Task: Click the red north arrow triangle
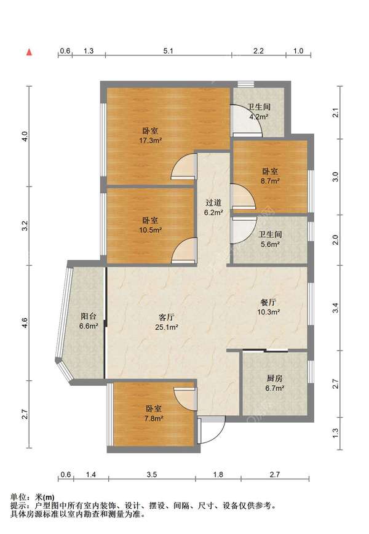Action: pyautogui.click(x=30, y=52)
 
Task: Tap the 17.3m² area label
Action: pyautogui.click(x=150, y=140)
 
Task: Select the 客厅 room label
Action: pyautogui.click(x=167, y=317)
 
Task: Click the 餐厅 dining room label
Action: pyautogui.click(x=268, y=302)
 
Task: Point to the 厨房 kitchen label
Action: pyautogui.click(x=274, y=378)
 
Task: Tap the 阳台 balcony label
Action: pyautogui.click(x=89, y=316)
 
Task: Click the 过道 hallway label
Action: pyautogui.click(x=213, y=202)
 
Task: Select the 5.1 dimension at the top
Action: pyautogui.click(x=168, y=51)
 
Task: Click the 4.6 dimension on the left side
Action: pyautogui.click(x=24, y=322)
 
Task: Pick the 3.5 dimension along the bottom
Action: pyautogui.click(x=152, y=474)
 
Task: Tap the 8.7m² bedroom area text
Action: pyautogui.click(x=270, y=181)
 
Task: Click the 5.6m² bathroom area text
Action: pyautogui.click(x=270, y=244)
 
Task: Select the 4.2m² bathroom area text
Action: pyautogui.click(x=259, y=116)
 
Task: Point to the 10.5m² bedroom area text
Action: pyautogui.click(x=150, y=230)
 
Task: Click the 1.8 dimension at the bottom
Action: pyautogui.click(x=218, y=474)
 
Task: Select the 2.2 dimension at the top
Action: pyautogui.click(x=258, y=51)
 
